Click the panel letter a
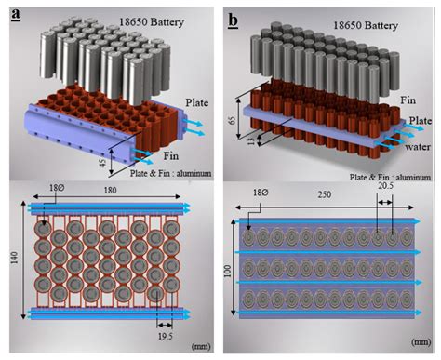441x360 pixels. click(16, 15)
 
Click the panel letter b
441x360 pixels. click(234, 20)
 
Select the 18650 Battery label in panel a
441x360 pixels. click(152, 22)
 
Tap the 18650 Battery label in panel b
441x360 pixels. click(366, 25)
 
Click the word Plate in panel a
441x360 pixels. click(197, 103)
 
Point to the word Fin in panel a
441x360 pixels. click(171, 155)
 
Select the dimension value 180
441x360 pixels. click(110, 190)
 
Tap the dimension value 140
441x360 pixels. click(15, 258)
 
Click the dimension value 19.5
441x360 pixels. click(166, 336)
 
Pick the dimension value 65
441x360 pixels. click(232, 120)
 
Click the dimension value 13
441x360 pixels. click(252, 141)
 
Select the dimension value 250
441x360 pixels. click(324, 194)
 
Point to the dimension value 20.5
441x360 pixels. click(385, 186)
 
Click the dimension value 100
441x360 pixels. click(228, 272)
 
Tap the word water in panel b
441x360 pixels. click(418, 146)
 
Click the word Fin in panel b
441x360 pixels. click(408, 100)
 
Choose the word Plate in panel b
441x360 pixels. click(420, 121)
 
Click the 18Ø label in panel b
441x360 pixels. click(261, 193)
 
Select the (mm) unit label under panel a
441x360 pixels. click(201, 346)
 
